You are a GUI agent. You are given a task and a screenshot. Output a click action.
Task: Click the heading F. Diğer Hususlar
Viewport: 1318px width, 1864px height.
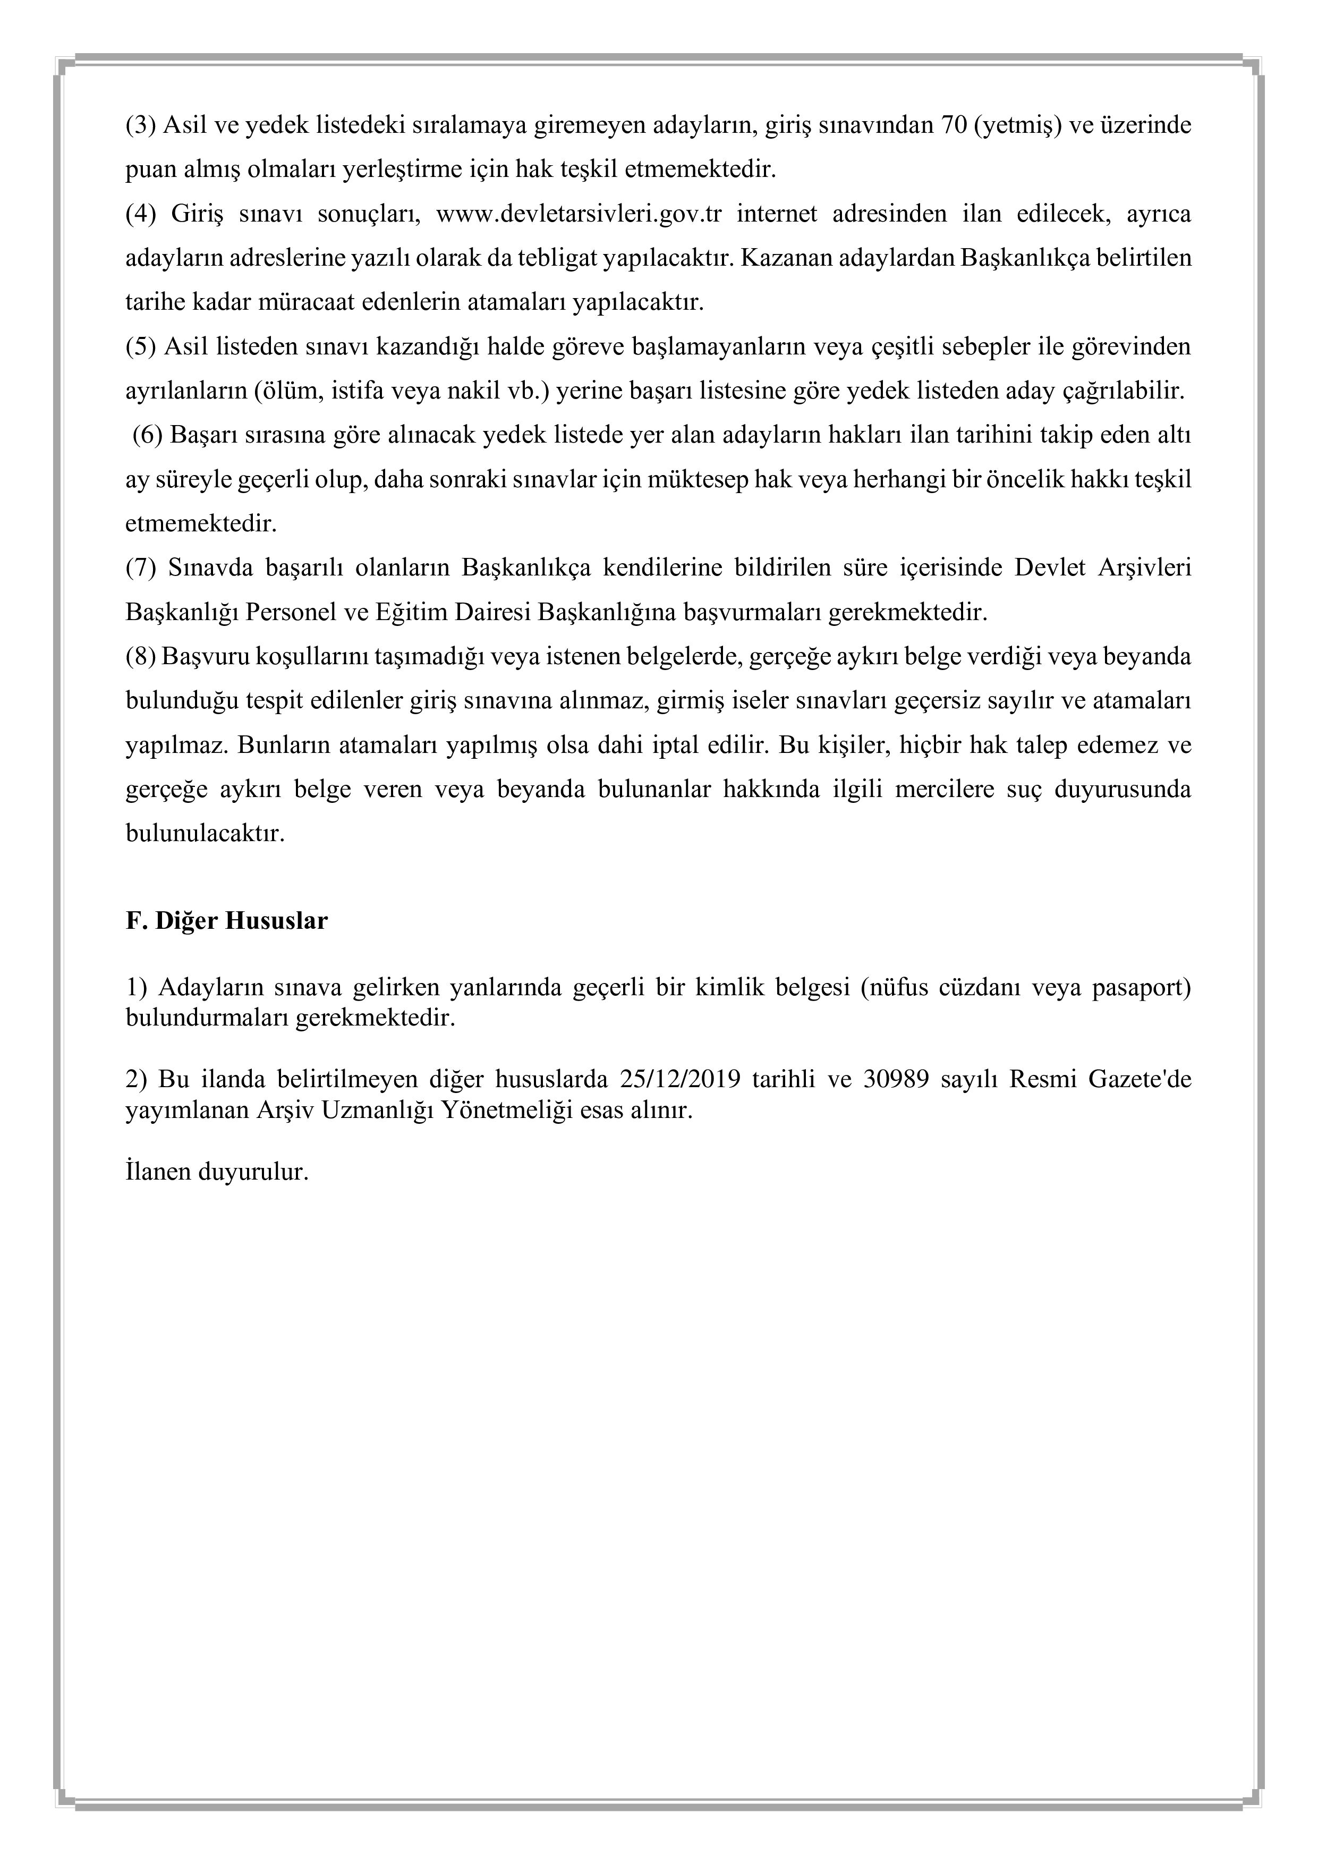point(226,921)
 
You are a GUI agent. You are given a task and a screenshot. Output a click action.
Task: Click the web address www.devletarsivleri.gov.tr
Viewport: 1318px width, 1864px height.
point(579,214)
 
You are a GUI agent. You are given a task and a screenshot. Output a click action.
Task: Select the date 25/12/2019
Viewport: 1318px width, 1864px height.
point(680,1079)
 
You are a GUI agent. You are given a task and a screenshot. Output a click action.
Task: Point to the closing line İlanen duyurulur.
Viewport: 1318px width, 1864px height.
point(217,1172)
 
